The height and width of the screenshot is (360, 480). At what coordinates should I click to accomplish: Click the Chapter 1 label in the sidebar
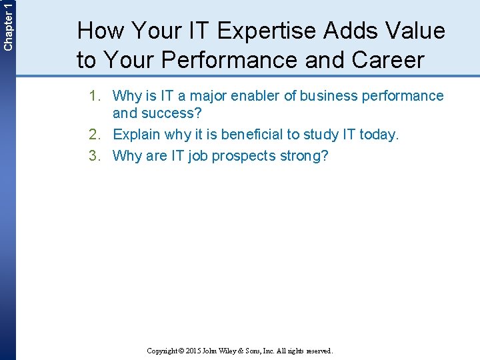(7, 25)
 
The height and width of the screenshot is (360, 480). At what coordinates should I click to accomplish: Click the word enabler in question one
(257, 96)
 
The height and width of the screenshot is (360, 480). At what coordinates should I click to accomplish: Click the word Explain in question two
(137, 135)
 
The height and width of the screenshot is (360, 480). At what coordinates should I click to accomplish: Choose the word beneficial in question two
(252, 135)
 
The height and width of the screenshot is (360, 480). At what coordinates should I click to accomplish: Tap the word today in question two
(378, 135)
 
